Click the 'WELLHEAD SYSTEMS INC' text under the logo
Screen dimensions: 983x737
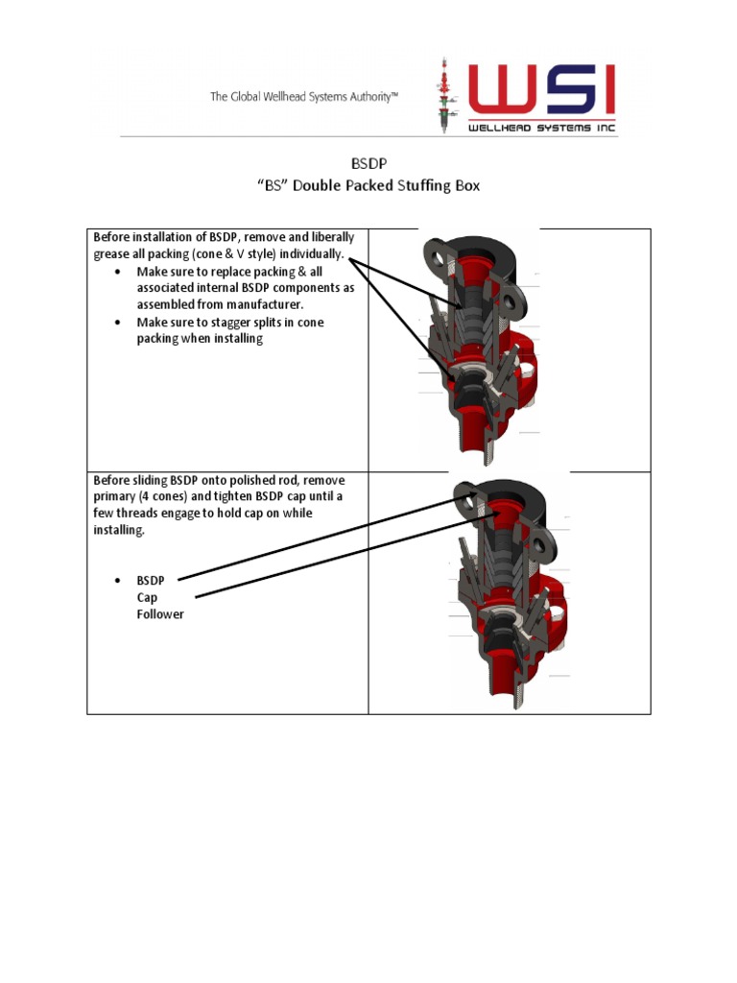coord(541,128)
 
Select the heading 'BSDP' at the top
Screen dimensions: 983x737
coord(368,165)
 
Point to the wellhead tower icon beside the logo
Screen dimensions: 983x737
coord(445,97)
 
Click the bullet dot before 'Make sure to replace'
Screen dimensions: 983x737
coord(117,272)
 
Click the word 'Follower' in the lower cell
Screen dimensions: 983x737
coord(159,614)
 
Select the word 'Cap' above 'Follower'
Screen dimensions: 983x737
coord(147,597)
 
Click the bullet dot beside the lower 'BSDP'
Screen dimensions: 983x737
coord(117,581)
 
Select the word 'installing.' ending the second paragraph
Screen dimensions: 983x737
coord(119,531)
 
